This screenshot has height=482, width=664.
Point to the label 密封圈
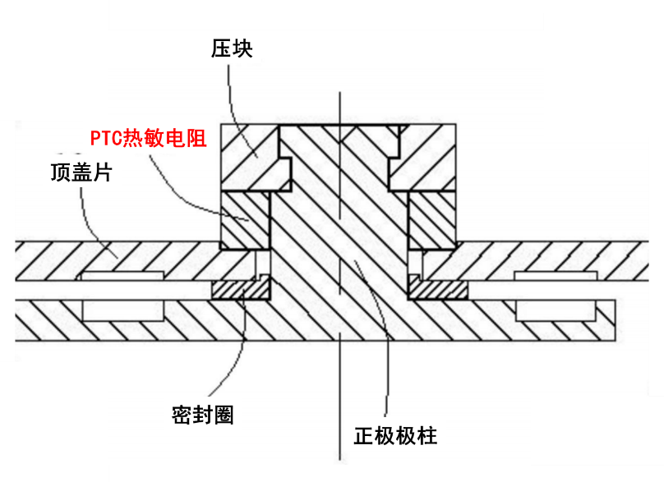click(203, 415)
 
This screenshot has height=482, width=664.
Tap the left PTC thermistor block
click(244, 220)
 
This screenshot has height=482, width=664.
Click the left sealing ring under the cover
click(239, 290)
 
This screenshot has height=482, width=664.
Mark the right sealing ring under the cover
click(439, 290)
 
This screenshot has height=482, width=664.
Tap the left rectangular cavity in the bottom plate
click(123, 310)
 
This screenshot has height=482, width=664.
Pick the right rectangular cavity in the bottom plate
click(556, 310)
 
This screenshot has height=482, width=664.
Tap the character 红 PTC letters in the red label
click(105, 139)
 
